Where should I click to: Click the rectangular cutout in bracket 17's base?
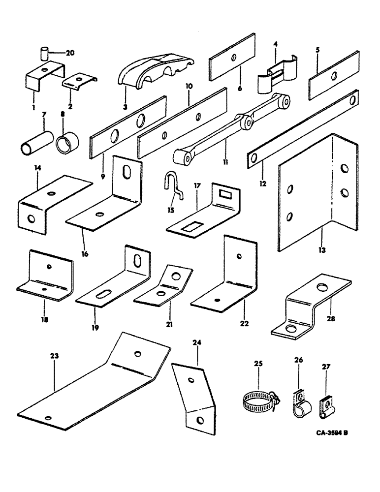[x=189, y=228]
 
